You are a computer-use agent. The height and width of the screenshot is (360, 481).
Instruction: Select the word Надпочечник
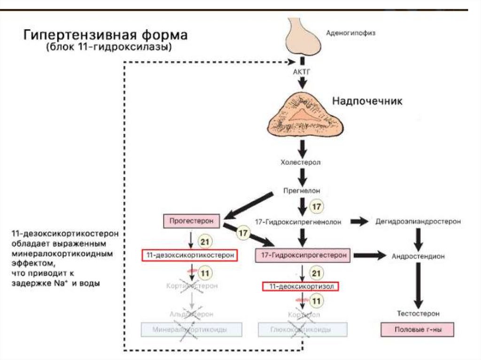pos(367,101)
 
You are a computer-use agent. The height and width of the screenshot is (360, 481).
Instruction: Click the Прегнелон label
pos(302,191)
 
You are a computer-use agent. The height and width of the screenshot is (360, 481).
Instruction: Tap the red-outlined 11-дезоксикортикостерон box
pos(190,255)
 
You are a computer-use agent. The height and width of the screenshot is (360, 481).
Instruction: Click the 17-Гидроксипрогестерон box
pos(302,255)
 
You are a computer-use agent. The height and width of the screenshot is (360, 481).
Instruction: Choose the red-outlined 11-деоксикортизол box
pos(301,286)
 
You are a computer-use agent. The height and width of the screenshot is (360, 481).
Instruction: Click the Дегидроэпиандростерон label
pos(418,221)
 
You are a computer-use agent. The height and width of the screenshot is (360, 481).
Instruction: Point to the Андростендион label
pos(418,257)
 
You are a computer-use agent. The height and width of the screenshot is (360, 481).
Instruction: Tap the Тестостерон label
pos(418,313)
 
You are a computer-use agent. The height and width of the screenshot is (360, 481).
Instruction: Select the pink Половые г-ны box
pos(418,330)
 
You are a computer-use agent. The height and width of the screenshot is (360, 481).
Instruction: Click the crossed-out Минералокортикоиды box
pos(192,330)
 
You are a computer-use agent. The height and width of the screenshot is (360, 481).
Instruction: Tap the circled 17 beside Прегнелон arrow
pos(316,206)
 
